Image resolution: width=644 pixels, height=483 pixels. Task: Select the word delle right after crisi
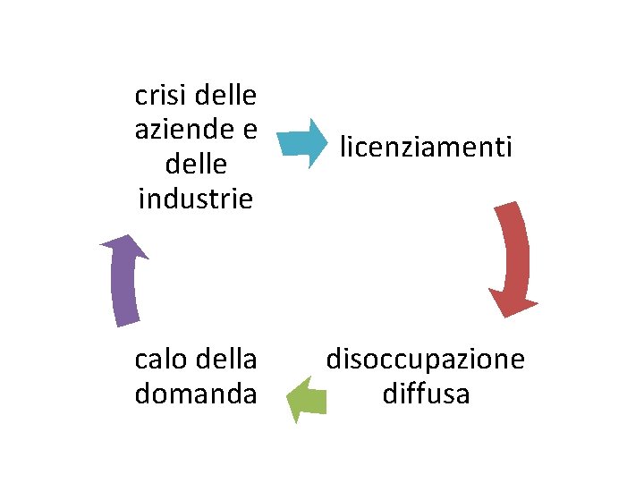tap(225, 94)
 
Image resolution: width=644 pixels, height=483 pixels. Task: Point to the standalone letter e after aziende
tap(249, 130)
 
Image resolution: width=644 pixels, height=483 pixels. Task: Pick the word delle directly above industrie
tap(196, 165)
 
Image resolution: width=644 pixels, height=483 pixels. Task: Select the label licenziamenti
tap(426, 146)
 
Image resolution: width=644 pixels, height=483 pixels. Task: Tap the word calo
tap(159, 360)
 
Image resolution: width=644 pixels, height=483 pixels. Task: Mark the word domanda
tap(196, 394)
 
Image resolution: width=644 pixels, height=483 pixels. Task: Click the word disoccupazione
tap(426, 360)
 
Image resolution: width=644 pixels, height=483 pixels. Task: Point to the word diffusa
tap(426, 394)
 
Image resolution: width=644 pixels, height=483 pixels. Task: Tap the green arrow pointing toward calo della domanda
tap(305, 398)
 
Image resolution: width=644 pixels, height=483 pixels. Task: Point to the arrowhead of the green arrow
tap(295, 399)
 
